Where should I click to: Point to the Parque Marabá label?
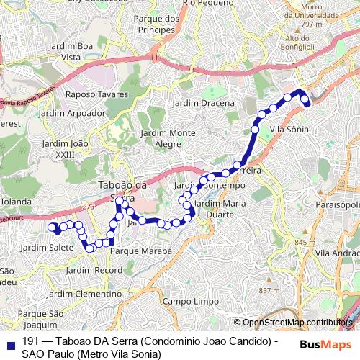[x=141, y=251]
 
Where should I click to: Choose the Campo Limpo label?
[x=190, y=300]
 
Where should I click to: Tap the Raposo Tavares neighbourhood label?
[x=96, y=94]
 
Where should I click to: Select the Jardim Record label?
[x=94, y=270]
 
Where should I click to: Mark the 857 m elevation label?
[x=269, y=290]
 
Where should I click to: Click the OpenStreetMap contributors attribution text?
[x=297, y=323]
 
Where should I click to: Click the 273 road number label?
[x=89, y=207]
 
